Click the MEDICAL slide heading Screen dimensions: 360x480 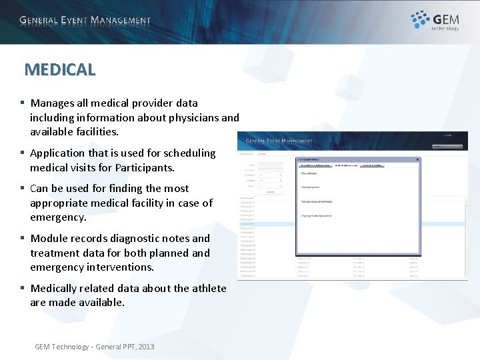60,69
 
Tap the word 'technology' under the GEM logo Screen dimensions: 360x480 445,29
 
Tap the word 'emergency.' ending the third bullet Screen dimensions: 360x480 57,218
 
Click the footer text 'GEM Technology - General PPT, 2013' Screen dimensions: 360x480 94,347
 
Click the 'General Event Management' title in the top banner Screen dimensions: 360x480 85,21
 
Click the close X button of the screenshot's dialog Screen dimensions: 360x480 417,159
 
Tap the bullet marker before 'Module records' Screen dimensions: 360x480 22,239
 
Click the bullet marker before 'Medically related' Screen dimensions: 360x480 22,289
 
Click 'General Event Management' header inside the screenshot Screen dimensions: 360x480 279,141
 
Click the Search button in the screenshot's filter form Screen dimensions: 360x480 270,191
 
